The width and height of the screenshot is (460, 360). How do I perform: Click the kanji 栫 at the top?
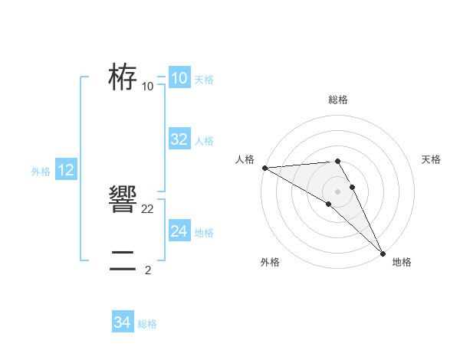coord(123,77)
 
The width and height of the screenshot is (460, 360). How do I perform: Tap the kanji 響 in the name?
coord(123,201)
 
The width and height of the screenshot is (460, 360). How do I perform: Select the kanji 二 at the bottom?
coord(123,261)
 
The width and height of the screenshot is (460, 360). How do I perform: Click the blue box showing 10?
coord(179,78)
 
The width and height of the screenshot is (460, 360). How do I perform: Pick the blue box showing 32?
coord(179,139)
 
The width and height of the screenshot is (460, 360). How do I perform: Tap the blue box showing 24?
coord(179,231)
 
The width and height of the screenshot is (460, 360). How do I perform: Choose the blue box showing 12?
coord(66,170)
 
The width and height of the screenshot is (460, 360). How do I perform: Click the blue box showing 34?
coord(122,323)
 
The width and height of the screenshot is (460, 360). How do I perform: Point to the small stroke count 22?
coord(148,208)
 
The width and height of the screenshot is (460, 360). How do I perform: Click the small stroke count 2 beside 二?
coord(148,270)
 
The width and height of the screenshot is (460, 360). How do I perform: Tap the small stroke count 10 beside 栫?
coord(148,86)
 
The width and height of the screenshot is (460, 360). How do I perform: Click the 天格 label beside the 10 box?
coord(204,80)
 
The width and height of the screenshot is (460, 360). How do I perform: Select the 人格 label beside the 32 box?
coord(204,141)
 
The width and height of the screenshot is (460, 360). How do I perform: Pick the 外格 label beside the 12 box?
coord(41,172)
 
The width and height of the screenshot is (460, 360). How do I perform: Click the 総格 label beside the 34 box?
coord(147,324)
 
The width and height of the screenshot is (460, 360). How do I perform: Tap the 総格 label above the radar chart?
coord(338,100)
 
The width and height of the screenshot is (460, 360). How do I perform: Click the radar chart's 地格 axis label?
coord(402,263)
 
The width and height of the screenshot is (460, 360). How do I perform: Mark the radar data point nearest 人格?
coord(264,167)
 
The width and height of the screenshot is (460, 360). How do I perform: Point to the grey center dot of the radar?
coord(337,191)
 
